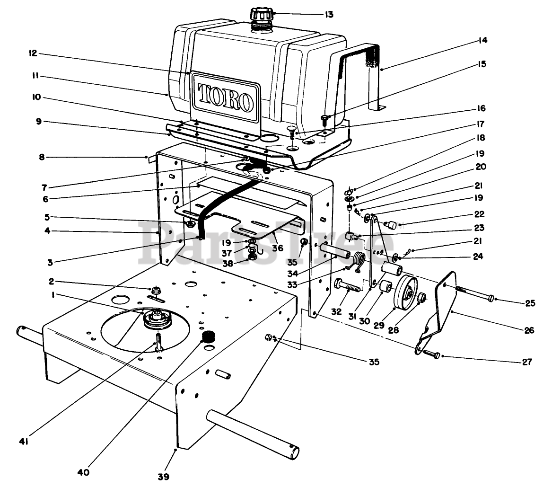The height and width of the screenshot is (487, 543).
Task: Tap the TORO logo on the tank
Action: (225, 97)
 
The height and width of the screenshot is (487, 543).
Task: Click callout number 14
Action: (482, 41)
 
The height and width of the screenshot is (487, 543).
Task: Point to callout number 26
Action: (529, 330)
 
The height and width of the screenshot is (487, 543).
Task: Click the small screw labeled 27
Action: (430, 354)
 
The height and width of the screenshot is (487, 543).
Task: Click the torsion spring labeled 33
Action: (359, 261)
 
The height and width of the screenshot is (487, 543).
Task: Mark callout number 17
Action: (482, 125)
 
